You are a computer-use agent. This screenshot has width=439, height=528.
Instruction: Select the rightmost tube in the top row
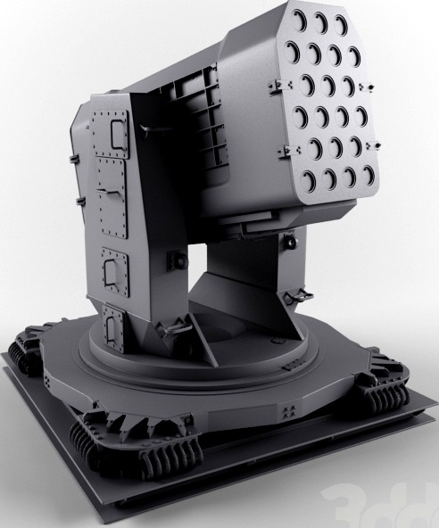[x=341, y=20]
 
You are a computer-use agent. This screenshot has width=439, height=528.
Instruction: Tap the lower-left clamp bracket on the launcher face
[x=287, y=147]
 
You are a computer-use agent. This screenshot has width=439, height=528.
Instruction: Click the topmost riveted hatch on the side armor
[x=116, y=135]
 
